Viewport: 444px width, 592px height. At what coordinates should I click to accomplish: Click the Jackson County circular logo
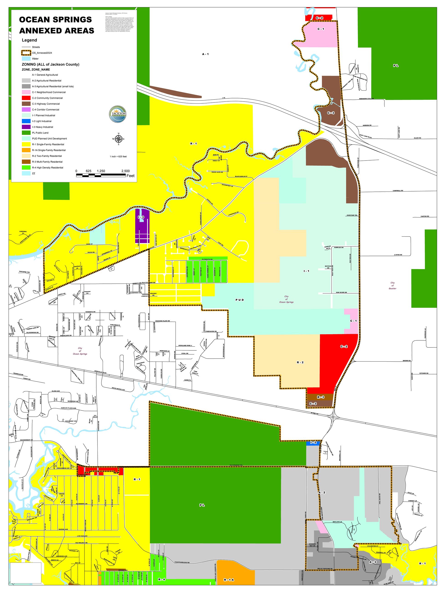(x=117, y=114)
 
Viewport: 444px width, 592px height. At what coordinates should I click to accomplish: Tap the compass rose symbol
(x=119, y=139)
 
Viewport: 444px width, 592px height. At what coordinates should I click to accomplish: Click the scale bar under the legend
(x=101, y=175)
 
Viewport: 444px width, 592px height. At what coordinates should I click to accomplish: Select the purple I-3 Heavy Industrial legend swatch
(x=26, y=127)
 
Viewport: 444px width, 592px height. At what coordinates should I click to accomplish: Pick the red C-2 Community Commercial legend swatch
(x=26, y=98)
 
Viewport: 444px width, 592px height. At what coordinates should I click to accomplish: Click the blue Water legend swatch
(x=26, y=59)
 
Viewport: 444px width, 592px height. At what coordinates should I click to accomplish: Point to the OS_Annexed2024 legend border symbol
(x=26, y=53)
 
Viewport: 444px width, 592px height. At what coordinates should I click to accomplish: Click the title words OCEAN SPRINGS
(x=55, y=20)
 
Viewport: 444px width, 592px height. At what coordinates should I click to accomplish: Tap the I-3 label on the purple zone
(x=141, y=217)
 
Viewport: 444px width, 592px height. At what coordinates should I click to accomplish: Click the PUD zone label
(x=240, y=300)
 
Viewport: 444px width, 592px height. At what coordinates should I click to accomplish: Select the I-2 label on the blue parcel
(x=313, y=443)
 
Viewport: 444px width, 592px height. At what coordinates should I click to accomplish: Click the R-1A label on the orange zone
(x=229, y=580)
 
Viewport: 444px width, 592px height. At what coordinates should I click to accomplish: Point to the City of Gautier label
(x=392, y=286)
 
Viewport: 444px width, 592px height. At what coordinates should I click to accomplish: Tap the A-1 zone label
(x=205, y=54)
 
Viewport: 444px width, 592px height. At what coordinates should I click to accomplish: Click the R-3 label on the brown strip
(x=321, y=397)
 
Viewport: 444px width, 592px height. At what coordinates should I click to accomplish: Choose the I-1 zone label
(x=306, y=271)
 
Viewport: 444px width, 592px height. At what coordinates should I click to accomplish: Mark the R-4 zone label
(x=161, y=579)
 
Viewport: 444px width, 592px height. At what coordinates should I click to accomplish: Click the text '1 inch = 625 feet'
(x=118, y=156)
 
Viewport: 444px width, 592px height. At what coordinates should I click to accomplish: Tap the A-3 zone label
(x=373, y=562)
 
